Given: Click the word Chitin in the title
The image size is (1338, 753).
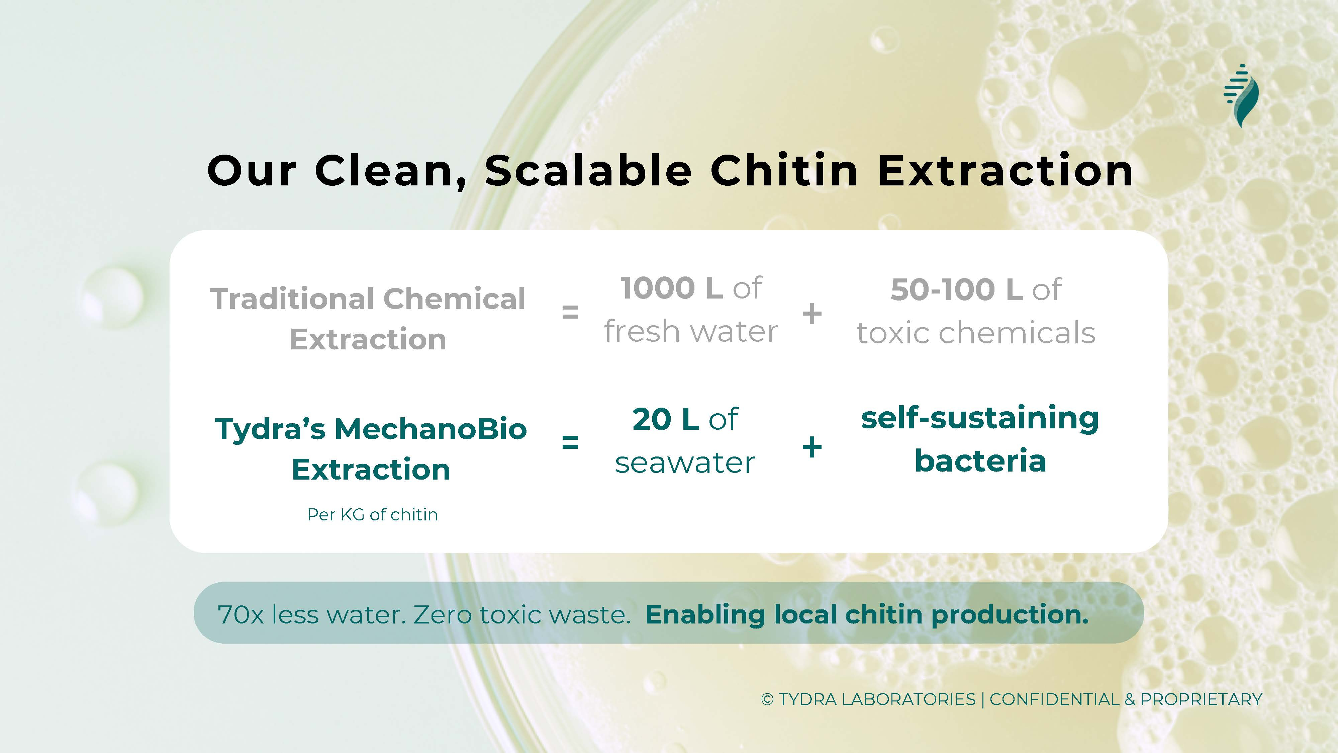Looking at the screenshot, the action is pyautogui.click(x=784, y=170).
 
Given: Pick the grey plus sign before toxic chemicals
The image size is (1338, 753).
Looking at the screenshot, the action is pyautogui.click(x=812, y=313).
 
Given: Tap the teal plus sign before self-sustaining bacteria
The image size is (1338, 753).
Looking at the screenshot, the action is pyautogui.click(x=812, y=447).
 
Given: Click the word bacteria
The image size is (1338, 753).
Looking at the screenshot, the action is pyautogui.click(x=980, y=461).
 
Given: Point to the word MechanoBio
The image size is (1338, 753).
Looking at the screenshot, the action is pyautogui.click(x=431, y=429).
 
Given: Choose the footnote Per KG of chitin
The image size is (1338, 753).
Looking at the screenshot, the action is pyautogui.click(x=372, y=514).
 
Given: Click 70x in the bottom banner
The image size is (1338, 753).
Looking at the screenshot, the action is pyautogui.click(x=241, y=615).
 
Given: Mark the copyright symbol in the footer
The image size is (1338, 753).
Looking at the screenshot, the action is pyautogui.click(x=767, y=699).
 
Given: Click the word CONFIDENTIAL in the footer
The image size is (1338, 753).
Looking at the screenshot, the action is pyautogui.click(x=1054, y=699).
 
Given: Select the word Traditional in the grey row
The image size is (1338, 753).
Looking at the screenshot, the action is pyautogui.click(x=292, y=299).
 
